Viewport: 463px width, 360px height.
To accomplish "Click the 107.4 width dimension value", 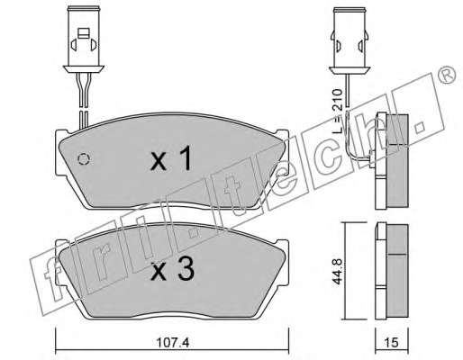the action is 173,342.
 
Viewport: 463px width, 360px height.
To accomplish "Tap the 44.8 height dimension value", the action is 337,271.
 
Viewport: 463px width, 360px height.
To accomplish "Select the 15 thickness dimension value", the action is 391,342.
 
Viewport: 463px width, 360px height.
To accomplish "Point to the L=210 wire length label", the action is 338,111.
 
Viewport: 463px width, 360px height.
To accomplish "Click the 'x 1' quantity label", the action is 171,158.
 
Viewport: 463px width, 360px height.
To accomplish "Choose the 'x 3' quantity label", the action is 173,270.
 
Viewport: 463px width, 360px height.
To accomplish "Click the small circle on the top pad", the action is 84,158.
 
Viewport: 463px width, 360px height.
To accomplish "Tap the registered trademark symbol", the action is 447,76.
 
